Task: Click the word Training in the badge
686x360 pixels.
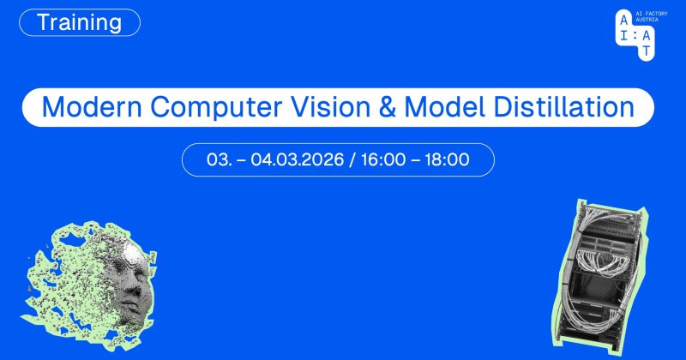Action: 79,22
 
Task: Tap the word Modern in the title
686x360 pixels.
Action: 92,107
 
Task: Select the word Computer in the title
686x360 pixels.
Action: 216,108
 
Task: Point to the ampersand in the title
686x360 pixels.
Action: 388,107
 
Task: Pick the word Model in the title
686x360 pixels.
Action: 444,107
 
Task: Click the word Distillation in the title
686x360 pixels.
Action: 564,107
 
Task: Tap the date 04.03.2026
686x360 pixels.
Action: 297,159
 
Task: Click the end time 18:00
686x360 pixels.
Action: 447,159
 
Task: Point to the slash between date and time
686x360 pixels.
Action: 352,159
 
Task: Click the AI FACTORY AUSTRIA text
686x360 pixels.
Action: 652,16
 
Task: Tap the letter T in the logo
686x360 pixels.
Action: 647,51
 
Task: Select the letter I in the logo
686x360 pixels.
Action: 623,35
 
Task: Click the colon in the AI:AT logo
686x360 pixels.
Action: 635,35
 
